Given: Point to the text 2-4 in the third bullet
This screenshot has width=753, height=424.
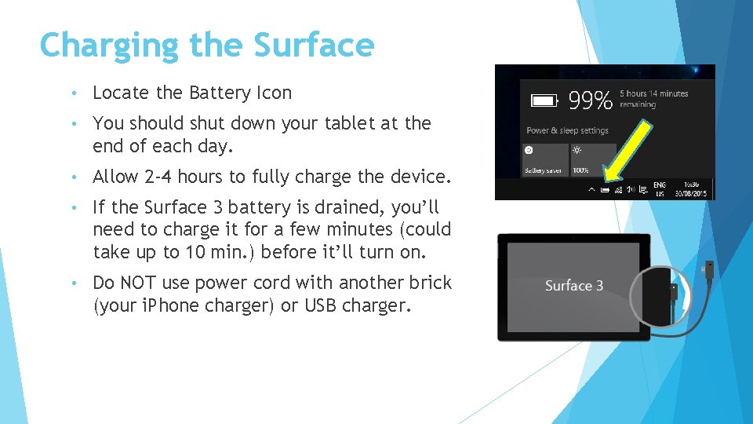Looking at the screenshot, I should (x=158, y=177).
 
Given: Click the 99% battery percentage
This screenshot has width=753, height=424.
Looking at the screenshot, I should (x=590, y=101).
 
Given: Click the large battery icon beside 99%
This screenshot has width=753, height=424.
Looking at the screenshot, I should (x=544, y=101).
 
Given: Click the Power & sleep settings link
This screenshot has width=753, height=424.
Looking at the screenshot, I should (x=567, y=130).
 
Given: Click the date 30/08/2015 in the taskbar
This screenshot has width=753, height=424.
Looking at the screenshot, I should (x=691, y=193).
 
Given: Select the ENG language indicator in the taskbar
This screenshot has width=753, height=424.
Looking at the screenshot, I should (x=660, y=185).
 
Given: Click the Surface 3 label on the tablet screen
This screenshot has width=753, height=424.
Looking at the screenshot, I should (x=574, y=286).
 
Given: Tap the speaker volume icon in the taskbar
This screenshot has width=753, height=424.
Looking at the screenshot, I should (x=631, y=189).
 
